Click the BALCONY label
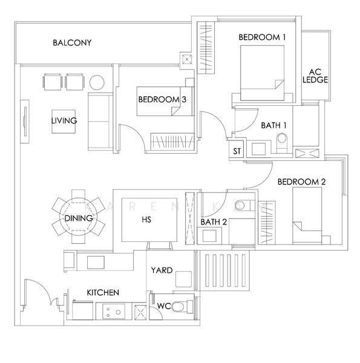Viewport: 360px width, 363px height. [72, 42]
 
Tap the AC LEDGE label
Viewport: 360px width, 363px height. [315, 76]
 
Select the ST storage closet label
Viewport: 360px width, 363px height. [237, 151]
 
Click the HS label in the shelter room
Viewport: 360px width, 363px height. [146, 219]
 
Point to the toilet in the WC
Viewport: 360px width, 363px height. [182, 307]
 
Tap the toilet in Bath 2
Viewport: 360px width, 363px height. [243, 205]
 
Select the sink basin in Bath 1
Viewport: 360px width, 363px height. [258, 149]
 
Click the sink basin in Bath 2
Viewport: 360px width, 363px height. [209, 236]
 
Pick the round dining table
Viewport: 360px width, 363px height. [79, 217]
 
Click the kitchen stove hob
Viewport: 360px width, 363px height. [114, 312]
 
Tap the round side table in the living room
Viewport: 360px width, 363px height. [97, 82]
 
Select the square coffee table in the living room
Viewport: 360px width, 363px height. [64, 122]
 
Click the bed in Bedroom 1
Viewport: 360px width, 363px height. [263, 73]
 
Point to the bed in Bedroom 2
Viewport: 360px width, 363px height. [307, 215]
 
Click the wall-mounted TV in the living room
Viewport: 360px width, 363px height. [25, 122]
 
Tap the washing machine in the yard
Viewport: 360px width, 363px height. [183, 279]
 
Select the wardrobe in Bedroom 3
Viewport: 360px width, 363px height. [172, 141]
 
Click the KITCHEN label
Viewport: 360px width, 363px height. [103, 293]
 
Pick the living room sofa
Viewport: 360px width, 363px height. [100, 122]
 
